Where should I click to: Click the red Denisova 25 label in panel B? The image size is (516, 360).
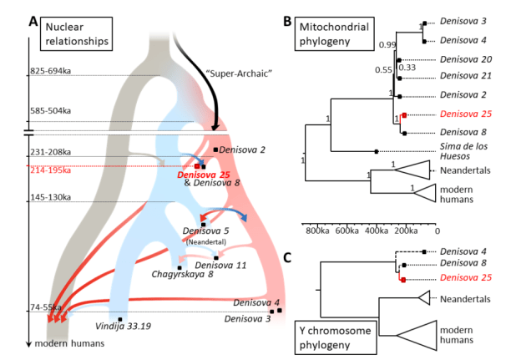coord(462,114)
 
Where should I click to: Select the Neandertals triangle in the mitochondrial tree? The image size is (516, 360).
coord(411,170)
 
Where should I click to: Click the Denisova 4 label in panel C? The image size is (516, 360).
coord(462,250)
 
